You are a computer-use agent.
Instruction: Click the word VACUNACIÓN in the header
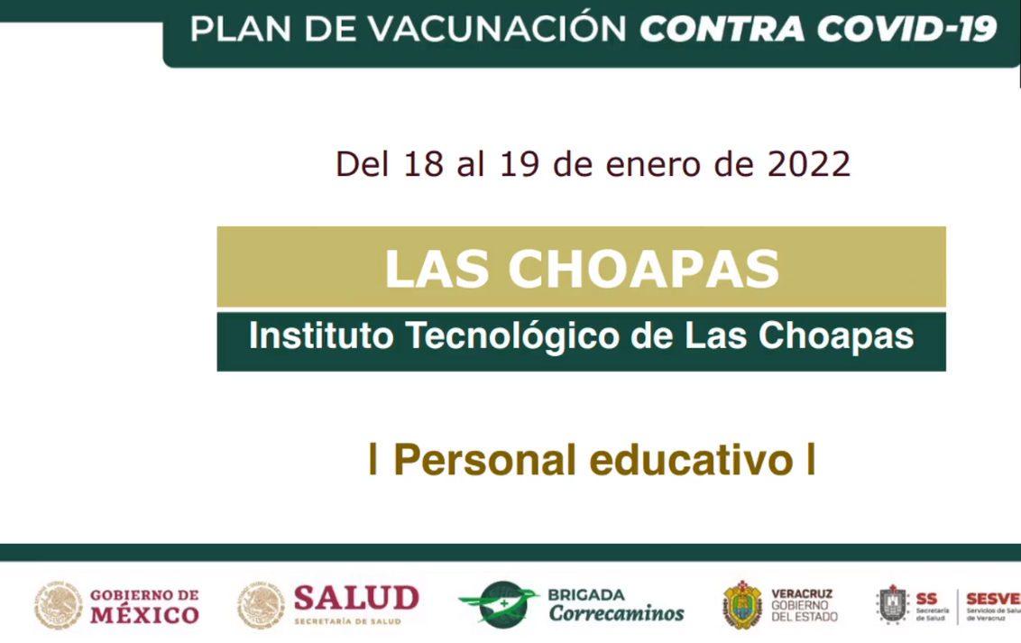tap(496, 29)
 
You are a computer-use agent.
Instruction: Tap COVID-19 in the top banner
tap(906, 30)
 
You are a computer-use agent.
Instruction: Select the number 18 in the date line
tap(424, 163)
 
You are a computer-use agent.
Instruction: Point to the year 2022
tap(808, 163)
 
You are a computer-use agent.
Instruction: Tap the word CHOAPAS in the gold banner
tap(643, 268)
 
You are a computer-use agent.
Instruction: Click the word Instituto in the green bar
tap(321, 335)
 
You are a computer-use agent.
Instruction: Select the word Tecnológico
tap(513, 337)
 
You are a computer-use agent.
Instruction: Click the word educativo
tap(692, 460)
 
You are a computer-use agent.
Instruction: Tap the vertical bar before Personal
tap(373, 459)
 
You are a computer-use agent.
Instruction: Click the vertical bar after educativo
tap(811, 459)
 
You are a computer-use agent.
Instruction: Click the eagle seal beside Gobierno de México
tap(59, 605)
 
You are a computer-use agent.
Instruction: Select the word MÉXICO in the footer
tap(144, 614)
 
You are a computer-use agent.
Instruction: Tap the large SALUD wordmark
tap(356, 598)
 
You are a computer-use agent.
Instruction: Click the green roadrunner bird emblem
tap(500, 604)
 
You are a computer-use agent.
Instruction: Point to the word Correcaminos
tap(616, 613)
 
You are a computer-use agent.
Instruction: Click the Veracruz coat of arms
tap(741, 604)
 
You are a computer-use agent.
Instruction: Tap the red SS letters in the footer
tap(926, 599)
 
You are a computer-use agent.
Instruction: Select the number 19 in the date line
tap(520, 163)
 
